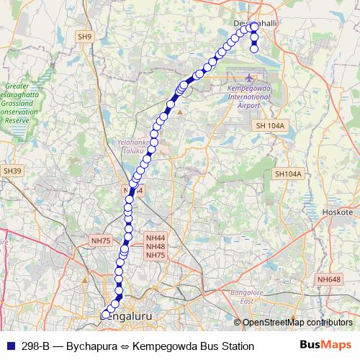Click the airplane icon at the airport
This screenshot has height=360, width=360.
[249, 78]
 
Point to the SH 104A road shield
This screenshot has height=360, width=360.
[270, 125]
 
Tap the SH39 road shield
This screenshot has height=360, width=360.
[12, 171]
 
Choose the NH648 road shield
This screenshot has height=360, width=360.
[328, 279]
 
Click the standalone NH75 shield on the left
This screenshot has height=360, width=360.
[100, 240]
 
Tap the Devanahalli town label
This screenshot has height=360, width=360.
[256, 24]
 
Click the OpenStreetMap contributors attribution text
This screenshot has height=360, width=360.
[297, 323]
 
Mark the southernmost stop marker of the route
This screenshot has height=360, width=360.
[106, 315]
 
